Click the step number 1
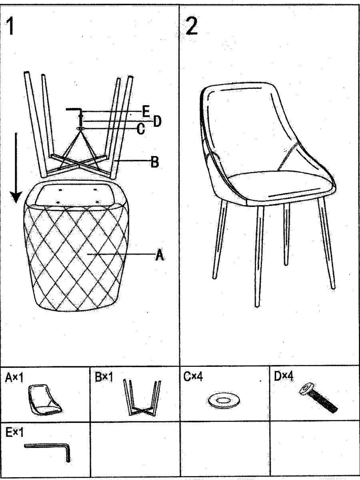tap(10, 26)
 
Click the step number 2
tap(192, 26)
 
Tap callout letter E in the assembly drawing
tap(146, 111)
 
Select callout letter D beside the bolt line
tap(157, 121)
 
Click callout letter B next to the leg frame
tap(155, 162)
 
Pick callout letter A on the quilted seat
tap(160, 255)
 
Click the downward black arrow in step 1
tap(16, 168)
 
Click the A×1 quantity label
tap(14, 378)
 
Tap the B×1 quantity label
tap(104, 378)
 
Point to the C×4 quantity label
tap(193, 376)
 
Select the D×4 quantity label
tap(283, 376)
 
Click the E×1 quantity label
tap(14, 432)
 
